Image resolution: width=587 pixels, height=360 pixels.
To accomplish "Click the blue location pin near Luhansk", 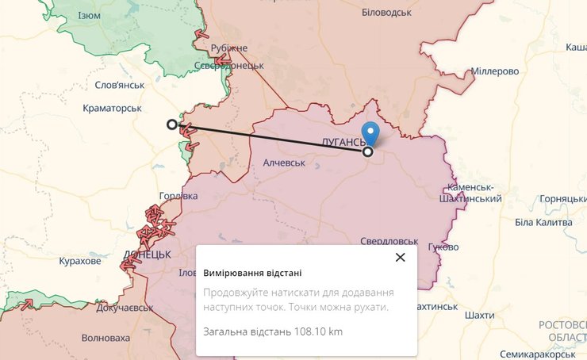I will tap(370, 134).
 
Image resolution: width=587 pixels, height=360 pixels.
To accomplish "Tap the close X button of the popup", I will tap(400, 257).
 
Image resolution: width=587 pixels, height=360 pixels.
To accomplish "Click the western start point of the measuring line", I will tap(172, 124).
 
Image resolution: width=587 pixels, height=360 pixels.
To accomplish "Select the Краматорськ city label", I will tap(112, 108).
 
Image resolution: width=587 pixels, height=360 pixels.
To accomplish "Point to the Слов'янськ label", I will tap(119, 85).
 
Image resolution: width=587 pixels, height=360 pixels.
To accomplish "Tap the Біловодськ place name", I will tap(386, 13).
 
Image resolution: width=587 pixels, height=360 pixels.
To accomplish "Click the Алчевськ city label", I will tap(284, 163).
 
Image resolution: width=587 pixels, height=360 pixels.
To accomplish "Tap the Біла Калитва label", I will tap(543, 222).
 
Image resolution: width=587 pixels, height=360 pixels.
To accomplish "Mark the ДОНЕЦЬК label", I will tap(148, 255).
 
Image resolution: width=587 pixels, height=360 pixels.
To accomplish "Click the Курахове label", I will tap(80, 261).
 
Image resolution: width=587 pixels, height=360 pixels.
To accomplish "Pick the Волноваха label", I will tap(106, 338).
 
